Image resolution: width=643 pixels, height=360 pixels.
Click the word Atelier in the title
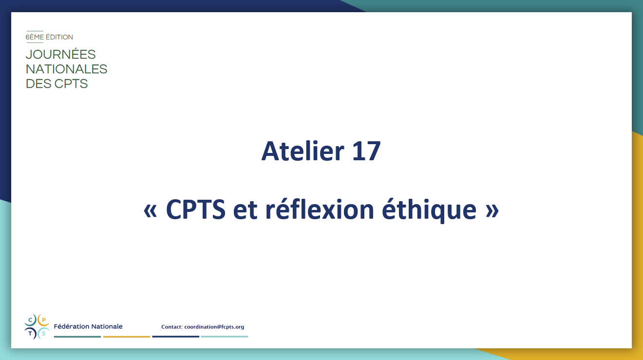[303, 151]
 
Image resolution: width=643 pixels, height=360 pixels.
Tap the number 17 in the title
[367, 152]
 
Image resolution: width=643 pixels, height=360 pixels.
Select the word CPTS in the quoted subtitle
[195, 209]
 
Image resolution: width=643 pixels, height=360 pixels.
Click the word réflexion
[320, 209]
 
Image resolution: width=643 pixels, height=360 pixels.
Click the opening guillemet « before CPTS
[150, 211]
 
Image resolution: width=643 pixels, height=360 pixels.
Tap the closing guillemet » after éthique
[492, 211]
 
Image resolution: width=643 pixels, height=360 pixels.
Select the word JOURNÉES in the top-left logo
[60, 54]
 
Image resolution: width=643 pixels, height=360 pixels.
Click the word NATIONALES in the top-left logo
[66, 69]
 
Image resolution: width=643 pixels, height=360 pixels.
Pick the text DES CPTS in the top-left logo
[57, 84]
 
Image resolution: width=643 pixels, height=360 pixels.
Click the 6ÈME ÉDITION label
[49, 37]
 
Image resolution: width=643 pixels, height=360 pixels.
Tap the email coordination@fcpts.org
[214, 327]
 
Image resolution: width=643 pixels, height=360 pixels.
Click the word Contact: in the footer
[172, 327]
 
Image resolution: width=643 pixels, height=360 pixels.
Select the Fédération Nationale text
[88, 326]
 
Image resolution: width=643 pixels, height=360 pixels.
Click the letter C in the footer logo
[30, 320]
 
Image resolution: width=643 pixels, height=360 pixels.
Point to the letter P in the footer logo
[44, 320]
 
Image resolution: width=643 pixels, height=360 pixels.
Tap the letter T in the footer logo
[30, 333]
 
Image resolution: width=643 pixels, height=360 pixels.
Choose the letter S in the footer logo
[44, 333]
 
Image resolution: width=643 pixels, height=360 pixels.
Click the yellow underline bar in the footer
[127, 337]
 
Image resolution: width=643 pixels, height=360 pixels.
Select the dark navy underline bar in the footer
[176, 337]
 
